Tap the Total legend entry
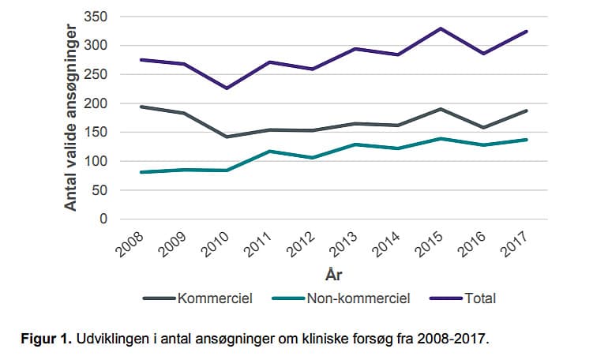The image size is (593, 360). coord(479,298)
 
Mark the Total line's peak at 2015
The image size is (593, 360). coord(441,28)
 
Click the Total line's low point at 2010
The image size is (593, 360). coord(227,88)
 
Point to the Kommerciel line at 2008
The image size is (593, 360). coord(141,107)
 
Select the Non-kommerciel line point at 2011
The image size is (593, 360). coord(269,151)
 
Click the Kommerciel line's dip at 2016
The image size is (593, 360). coord(483,127)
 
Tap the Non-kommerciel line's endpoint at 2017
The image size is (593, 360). coord(527,140)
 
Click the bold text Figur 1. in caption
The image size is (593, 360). coord(45,339)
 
